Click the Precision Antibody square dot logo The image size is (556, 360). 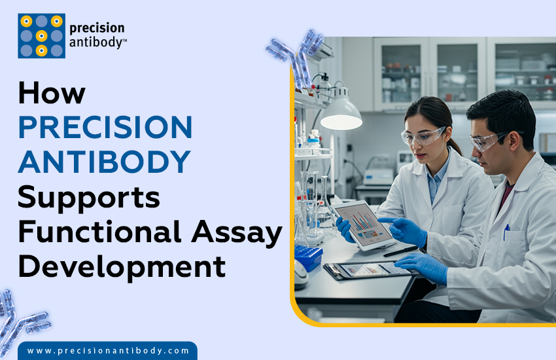pos(41,36)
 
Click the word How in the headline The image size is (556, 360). pos(52,94)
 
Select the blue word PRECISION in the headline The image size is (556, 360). pos(105,127)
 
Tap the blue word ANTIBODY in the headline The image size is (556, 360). pos(105,161)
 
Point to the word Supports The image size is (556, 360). pos(89,196)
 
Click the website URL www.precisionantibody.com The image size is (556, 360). pos(109,351)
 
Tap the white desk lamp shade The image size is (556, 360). pos(340,116)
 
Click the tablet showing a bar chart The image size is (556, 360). pos(362,225)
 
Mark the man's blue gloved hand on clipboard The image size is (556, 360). pos(422,265)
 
